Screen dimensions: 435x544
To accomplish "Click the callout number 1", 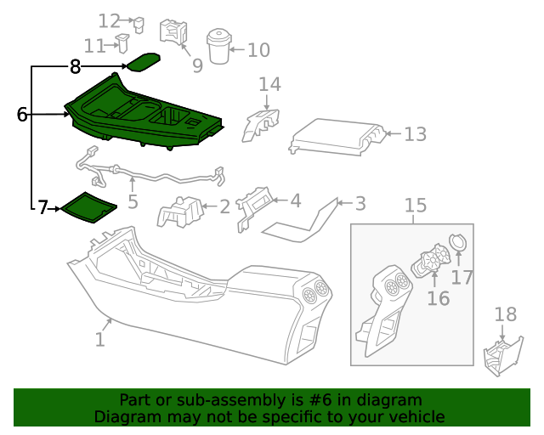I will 99,340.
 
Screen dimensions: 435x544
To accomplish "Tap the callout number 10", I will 258,50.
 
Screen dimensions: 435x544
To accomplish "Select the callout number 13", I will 415,134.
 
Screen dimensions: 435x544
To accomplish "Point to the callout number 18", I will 505,314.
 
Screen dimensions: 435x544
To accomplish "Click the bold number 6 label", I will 23,114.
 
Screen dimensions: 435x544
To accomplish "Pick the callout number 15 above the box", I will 414,205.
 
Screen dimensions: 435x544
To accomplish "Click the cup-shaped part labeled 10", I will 221,46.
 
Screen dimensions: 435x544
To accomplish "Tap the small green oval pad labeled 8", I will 144,62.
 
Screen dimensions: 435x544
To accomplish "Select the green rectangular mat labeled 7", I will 88,206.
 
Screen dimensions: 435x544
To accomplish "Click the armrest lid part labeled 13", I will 336,137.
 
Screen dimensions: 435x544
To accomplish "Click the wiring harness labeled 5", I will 153,174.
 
